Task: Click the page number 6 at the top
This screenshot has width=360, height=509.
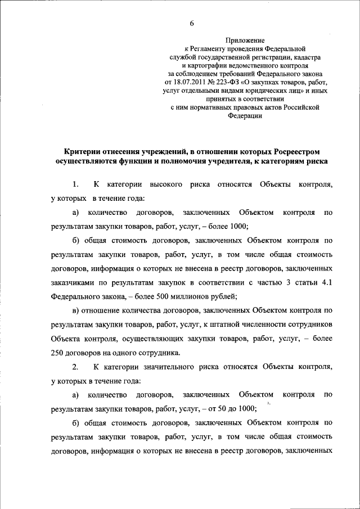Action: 191,23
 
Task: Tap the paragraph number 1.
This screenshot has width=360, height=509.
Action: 76,184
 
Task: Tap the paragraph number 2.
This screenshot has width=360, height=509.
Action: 76,367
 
